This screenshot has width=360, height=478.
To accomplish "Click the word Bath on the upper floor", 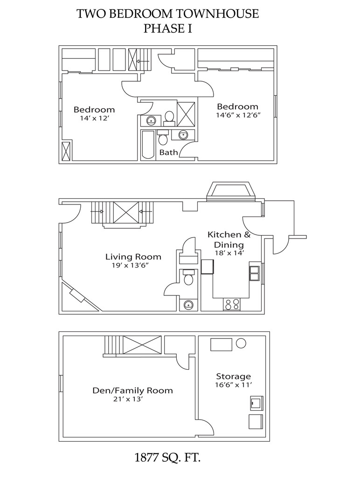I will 168,152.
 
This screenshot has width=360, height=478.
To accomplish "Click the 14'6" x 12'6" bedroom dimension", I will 237,115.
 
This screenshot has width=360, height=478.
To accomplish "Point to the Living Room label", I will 133,257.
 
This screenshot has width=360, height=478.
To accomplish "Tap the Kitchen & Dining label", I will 229,239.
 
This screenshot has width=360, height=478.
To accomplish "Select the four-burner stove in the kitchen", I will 232,304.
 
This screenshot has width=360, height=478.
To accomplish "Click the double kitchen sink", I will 255,273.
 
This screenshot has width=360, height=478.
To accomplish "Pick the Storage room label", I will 233,376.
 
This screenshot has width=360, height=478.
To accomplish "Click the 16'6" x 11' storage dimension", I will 233,385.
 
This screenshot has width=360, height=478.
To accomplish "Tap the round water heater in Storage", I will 241,344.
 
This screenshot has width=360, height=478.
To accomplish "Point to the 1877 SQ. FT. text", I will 167,457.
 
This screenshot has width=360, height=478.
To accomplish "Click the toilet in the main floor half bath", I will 188,279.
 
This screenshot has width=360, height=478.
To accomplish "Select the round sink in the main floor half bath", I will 188,305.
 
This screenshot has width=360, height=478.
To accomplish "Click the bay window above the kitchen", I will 231,192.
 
